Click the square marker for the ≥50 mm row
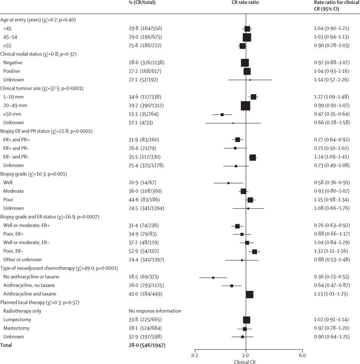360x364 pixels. point(222,114)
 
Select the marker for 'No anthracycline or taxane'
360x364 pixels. point(213,277)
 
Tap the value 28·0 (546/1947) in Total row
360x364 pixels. point(147,345)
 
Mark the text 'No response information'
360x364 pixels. point(155,311)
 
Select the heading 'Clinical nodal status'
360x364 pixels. point(39,54)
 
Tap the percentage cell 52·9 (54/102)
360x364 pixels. point(143,251)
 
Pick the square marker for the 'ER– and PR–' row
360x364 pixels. point(252,157)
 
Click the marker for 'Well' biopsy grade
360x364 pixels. point(228,183)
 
